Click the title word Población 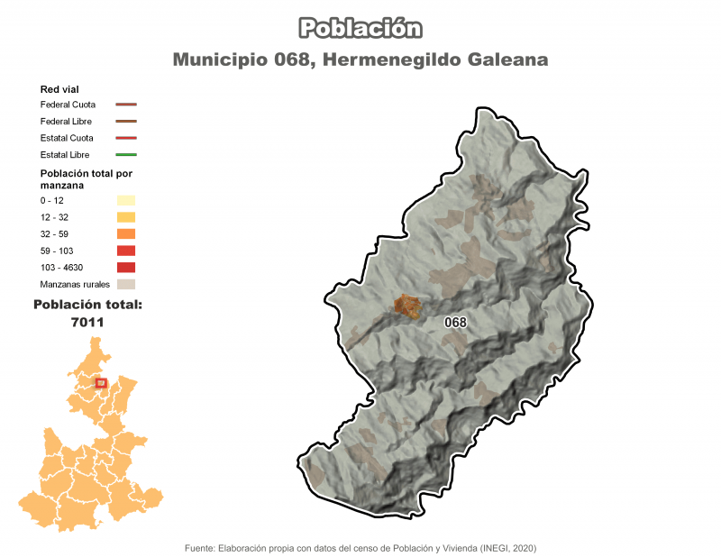[360, 28]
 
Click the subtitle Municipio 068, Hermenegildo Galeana [360, 59]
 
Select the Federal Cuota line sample [125, 105]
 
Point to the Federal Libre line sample [125, 121]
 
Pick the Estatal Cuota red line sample [125, 138]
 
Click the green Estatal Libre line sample [125, 155]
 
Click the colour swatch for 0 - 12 [125, 200]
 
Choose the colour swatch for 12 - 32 [125, 217]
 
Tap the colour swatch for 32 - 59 [125, 233]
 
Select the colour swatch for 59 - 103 [125, 251]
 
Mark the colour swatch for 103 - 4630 [125, 268]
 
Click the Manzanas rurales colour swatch [125, 285]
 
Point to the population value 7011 [87, 322]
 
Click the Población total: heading [87, 305]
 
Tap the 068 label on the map [455, 323]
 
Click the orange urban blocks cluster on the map [407, 306]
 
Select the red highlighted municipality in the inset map [101, 383]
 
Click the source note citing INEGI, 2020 [360, 548]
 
